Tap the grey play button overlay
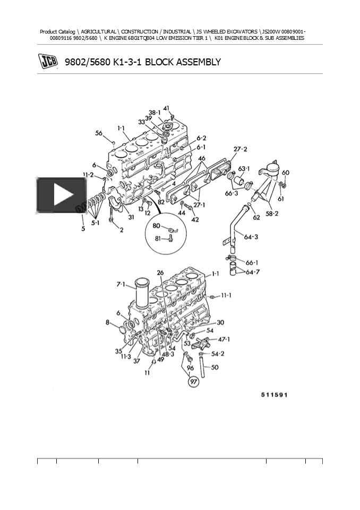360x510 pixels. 61,195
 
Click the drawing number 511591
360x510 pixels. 274,395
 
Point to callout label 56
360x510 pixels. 99,133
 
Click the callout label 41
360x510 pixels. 166,109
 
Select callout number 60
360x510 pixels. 285,173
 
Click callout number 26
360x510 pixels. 160,273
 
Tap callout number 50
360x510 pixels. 215,367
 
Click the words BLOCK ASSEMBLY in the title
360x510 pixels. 183,62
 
